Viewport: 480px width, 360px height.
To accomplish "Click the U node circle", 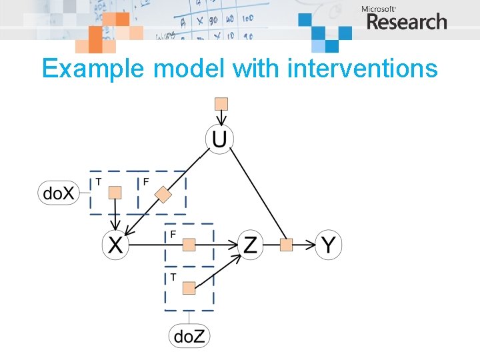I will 219,139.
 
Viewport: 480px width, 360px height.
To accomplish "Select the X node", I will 115,245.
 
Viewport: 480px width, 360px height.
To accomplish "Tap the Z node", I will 250,245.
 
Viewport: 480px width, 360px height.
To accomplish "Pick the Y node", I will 327,245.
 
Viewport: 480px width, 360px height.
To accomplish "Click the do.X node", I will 59,193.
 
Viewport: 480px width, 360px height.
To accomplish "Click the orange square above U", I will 221,103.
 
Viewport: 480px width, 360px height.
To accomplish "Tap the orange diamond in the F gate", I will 163,195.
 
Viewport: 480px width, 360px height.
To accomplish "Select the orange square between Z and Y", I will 286,245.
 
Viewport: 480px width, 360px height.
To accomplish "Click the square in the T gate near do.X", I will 115,193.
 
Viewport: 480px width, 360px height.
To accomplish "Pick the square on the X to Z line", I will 189,245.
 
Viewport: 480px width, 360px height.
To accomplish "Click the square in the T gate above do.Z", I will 189,287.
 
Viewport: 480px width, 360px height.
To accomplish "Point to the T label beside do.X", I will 99,181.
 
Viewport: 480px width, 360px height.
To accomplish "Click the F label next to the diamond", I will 146,181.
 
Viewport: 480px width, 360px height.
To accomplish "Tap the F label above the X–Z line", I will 173,234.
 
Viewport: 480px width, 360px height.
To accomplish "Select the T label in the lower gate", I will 173,277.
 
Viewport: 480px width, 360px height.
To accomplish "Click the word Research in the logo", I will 406,22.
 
